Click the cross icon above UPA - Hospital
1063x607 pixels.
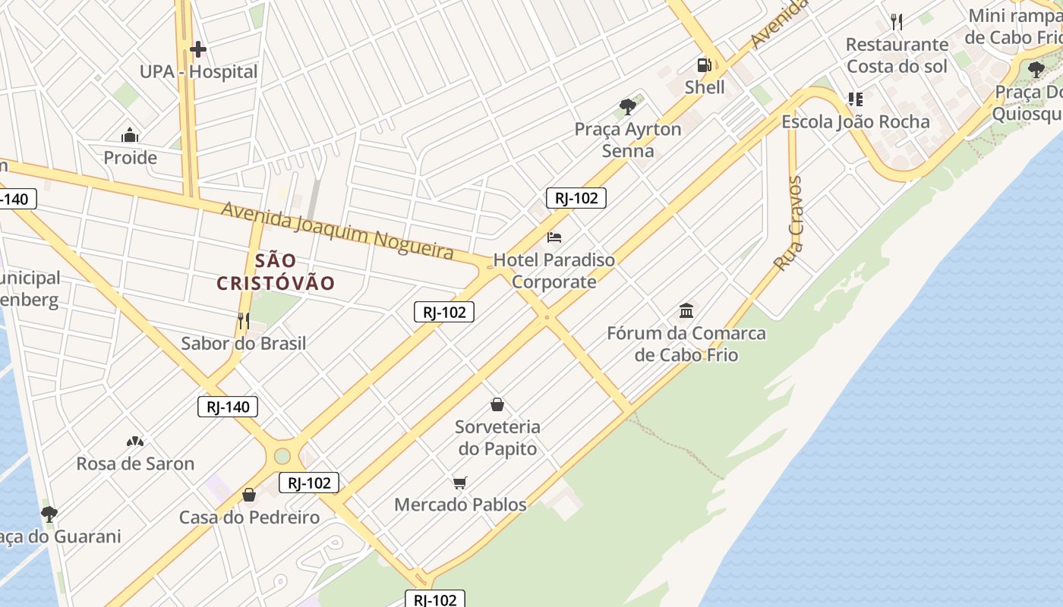pyautogui.click(x=198, y=50)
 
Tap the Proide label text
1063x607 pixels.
pyautogui.click(x=130, y=158)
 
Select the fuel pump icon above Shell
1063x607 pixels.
pyautogui.click(x=705, y=65)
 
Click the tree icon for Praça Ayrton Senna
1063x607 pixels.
pyautogui.click(x=627, y=106)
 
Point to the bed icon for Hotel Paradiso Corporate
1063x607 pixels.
pyautogui.click(x=554, y=237)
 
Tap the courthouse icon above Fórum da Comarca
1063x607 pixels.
pyautogui.click(x=686, y=310)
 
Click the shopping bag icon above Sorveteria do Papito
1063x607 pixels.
pyautogui.click(x=497, y=404)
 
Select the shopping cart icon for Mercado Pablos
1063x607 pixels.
pyautogui.click(x=459, y=483)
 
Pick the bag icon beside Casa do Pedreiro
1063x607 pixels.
pyautogui.click(x=248, y=495)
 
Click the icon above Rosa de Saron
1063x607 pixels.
pyautogui.click(x=135, y=442)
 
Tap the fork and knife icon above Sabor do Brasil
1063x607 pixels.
pyautogui.click(x=243, y=321)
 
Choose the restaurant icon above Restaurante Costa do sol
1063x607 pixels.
pyautogui.click(x=897, y=22)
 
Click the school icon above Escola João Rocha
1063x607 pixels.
pyautogui.click(x=856, y=99)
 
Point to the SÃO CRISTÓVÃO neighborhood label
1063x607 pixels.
pyautogui.click(x=276, y=272)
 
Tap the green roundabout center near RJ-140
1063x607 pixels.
pyautogui.click(x=282, y=456)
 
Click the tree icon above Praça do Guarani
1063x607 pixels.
pyautogui.click(x=49, y=514)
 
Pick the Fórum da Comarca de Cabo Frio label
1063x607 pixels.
pyautogui.click(x=686, y=344)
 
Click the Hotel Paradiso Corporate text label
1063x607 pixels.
pyautogui.click(x=554, y=271)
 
